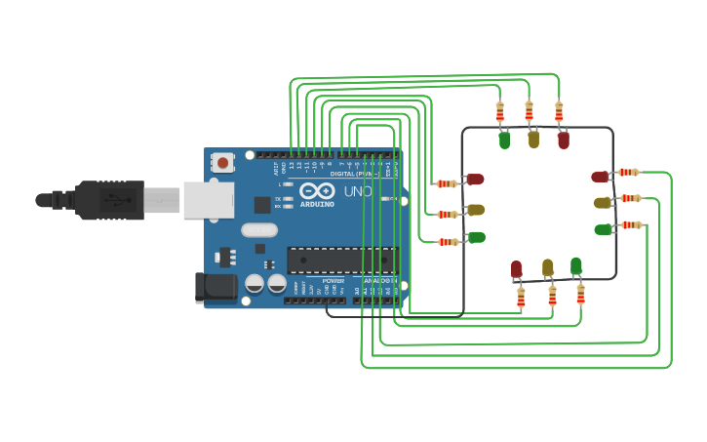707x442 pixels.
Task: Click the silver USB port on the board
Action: point(208,200)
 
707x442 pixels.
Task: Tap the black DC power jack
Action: point(216,287)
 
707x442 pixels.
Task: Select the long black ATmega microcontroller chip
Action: point(341,261)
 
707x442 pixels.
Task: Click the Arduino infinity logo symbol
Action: point(317,191)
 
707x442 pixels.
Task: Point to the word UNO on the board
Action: point(358,191)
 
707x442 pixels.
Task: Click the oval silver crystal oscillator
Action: point(259,230)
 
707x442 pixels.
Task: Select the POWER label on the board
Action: point(333,281)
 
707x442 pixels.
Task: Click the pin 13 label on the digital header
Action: point(291,166)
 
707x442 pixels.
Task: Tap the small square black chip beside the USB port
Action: point(262,205)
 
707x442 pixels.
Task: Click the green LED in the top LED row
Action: point(504,141)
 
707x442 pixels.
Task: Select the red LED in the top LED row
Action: point(564,141)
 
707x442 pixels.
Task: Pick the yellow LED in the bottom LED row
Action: point(548,268)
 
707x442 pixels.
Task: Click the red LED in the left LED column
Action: point(475,180)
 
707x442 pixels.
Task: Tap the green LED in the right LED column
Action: point(604,229)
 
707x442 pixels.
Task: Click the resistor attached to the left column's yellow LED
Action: point(448,214)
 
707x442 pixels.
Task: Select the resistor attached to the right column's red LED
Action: point(629,173)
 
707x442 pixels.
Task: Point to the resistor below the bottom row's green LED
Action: point(580,293)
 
